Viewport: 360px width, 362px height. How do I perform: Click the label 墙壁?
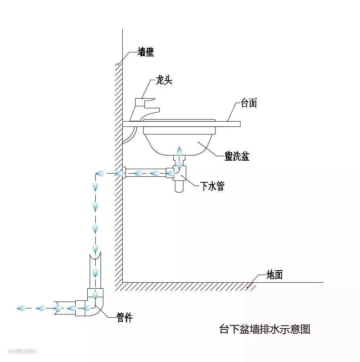[x=146, y=52]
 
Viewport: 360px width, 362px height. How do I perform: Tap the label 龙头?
[x=164, y=81]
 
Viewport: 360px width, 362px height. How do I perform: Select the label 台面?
[x=249, y=103]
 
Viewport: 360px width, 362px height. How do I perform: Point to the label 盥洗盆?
[x=237, y=156]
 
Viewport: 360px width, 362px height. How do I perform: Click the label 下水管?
[x=212, y=186]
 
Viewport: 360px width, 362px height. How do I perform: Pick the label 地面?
[x=275, y=275]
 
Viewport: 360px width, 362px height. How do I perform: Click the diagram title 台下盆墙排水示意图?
[x=265, y=329]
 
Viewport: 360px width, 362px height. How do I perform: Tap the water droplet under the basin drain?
[x=180, y=151]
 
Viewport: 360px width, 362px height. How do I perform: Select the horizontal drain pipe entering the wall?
[x=145, y=174]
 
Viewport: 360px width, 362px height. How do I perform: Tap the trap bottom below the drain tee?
[x=179, y=186]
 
